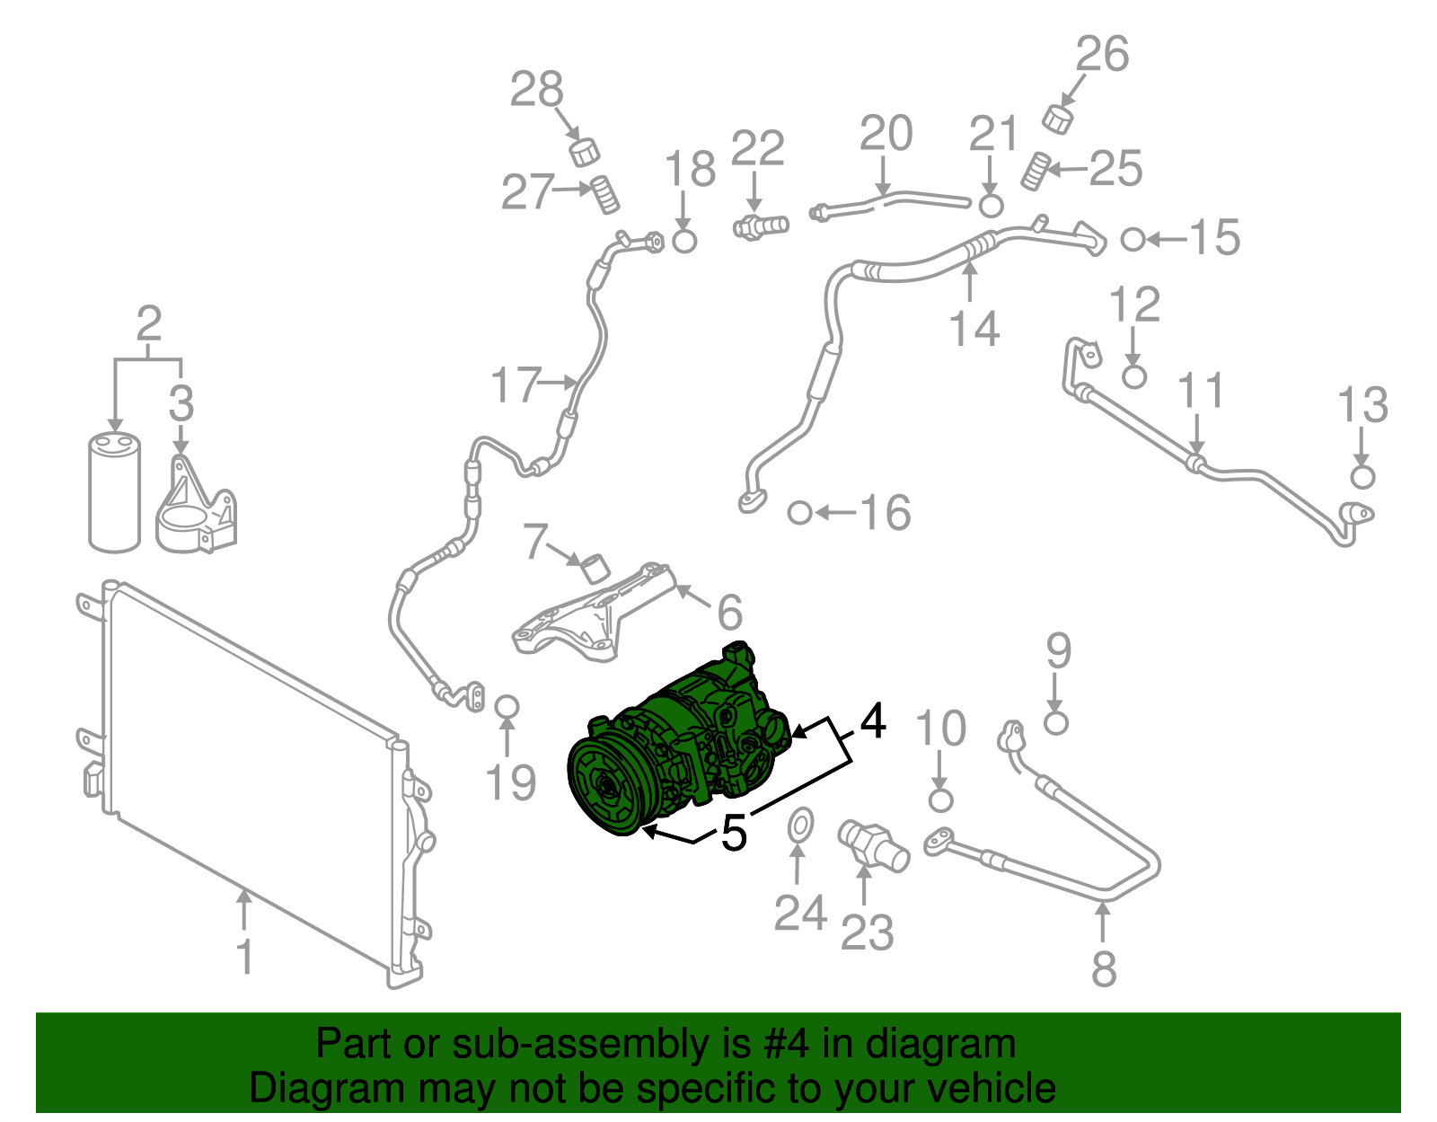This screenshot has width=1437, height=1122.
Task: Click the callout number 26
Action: click(x=1102, y=54)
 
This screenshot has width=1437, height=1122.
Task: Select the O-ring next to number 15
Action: click(x=1133, y=239)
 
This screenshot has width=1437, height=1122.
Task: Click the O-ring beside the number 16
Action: click(x=799, y=513)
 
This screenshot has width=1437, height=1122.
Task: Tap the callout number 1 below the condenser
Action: click(x=244, y=957)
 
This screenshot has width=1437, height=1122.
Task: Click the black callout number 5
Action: click(x=734, y=833)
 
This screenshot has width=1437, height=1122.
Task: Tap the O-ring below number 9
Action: click(x=1056, y=722)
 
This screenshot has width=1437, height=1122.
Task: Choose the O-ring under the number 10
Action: click(x=939, y=800)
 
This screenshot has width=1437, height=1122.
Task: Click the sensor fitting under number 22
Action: click(x=760, y=225)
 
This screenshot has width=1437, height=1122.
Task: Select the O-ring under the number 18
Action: click(x=684, y=240)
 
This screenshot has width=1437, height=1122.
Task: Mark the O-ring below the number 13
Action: click(x=1362, y=476)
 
